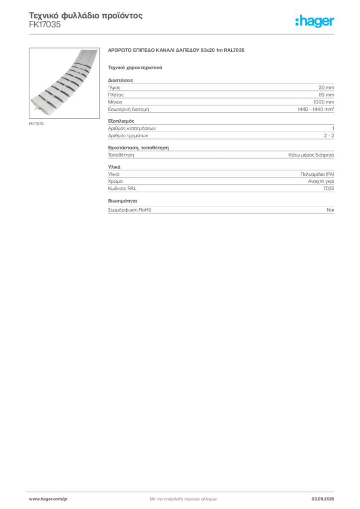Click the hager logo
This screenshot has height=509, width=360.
pos(315,21)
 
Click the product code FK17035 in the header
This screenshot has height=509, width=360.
pos(45,25)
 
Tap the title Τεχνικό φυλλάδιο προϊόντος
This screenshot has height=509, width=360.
pos(86,15)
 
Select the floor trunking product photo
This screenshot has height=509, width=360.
pos(64,83)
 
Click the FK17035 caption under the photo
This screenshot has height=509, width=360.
pos(36,124)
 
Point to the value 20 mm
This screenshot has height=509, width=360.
pos(326,87)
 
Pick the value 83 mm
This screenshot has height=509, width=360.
pos(326,95)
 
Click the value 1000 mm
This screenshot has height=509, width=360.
pos(324,102)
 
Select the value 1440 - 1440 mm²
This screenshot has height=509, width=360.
pos(316,109)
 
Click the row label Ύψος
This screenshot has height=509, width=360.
pos(114,87)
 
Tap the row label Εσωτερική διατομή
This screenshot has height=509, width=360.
pos(129,109)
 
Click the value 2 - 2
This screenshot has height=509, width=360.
pos(329,136)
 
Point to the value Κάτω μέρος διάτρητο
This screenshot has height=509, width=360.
pos(311,155)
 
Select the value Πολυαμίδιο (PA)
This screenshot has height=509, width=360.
pos(317,174)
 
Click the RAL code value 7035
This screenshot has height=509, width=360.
pos(329,188)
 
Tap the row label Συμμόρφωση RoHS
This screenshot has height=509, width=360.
pos(129,210)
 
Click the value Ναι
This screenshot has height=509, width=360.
pos(331,210)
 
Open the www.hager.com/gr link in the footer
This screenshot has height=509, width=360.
pos(48,499)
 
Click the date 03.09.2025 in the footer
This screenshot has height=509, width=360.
pos(323,499)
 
